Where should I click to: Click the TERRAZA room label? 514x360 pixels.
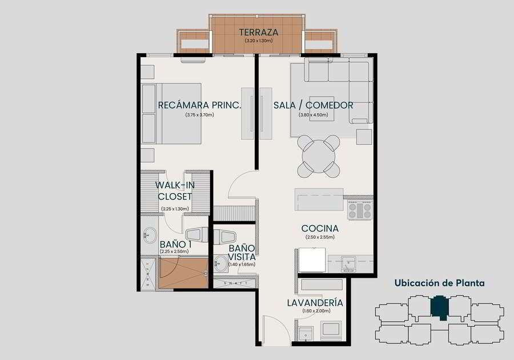(x=259, y=32)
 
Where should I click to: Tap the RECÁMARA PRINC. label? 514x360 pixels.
(x=200, y=105)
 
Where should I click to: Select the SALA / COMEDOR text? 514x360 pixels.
(x=314, y=105)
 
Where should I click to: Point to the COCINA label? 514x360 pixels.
(x=320, y=228)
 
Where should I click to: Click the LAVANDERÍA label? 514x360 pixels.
(x=315, y=303)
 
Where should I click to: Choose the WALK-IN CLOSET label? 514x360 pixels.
(x=175, y=191)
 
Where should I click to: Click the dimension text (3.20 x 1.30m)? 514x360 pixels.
(x=259, y=41)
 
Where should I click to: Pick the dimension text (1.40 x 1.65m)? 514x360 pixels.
(x=242, y=264)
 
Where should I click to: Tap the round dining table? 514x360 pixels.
(x=318, y=157)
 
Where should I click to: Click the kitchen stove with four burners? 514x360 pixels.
(x=360, y=210)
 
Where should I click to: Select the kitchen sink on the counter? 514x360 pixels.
(x=348, y=264)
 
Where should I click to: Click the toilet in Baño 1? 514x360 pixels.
(x=196, y=235)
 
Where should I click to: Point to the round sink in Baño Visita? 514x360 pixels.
(x=221, y=264)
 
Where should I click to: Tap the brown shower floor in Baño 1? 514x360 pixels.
(x=183, y=273)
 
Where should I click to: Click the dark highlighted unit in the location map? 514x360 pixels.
(x=439, y=307)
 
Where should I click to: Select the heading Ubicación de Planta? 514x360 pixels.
(x=440, y=283)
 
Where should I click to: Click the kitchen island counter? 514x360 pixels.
(x=319, y=199)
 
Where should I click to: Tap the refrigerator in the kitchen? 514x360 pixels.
(x=312, y=259)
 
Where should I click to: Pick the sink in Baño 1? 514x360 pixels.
(x=150, y=235)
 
